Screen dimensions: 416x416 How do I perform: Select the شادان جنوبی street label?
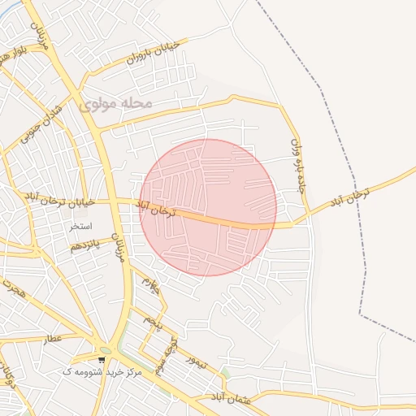click(x=29, y=130)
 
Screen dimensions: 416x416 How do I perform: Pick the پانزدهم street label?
click(x=84, y=245)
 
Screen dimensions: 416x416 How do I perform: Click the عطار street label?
click(x=54, y=337)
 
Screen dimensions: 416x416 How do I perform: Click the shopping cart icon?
click(x=101, y=359)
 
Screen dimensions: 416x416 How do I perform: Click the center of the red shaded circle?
click(x=208, y=207)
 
